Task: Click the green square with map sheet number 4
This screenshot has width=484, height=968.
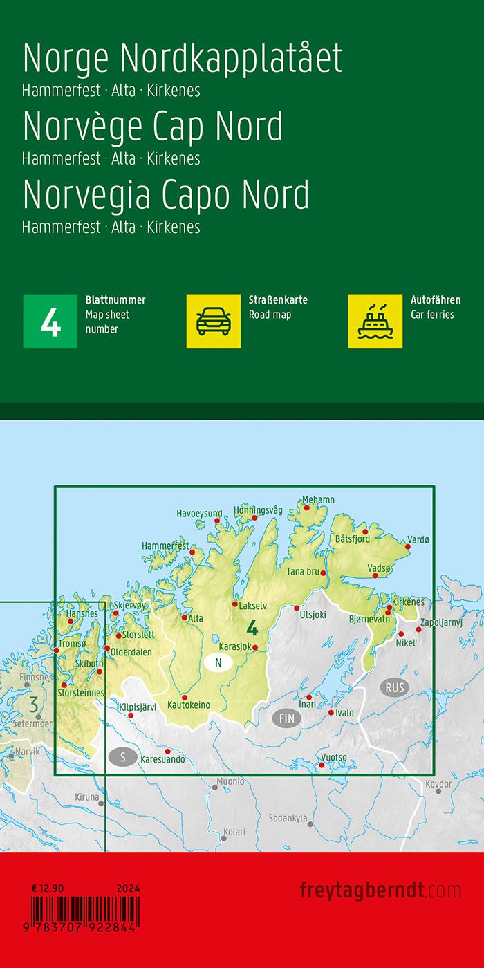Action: [x=50, y=321]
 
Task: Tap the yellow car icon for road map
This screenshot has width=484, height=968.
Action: [x=214, y=321]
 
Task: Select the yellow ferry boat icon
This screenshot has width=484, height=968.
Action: [x=375, y=321]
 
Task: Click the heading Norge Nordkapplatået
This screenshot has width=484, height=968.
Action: [x=183, y=59]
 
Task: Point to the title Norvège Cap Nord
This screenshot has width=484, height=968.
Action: [x=153, y=127]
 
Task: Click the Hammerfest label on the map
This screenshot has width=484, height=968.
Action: [x=165, y=546]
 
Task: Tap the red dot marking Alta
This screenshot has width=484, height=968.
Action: [x=185, y=617]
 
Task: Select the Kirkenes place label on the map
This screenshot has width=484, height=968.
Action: [x=408, y=602]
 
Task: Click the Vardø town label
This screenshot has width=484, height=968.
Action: [x=419, y=539]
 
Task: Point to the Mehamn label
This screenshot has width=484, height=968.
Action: [x=318, y=500]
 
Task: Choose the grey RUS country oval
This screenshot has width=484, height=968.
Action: [x=395, y=688]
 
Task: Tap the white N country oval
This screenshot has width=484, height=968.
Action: [x=218, y=663]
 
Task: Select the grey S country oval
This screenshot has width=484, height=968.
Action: [x=123, y=757]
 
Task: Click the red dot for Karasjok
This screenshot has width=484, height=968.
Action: [x=255, y=648]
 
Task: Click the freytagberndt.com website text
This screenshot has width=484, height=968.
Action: [x=380, y=890]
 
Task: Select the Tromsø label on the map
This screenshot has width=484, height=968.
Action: [x=74, y=644]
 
